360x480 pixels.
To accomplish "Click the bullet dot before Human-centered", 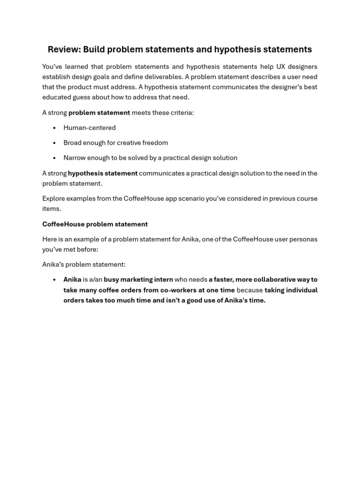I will (54, 128).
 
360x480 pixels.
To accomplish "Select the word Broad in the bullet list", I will (73, 142).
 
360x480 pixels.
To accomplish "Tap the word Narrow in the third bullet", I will (75, 158).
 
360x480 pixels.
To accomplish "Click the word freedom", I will (156, 142).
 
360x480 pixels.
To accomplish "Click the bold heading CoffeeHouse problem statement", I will (95, 224).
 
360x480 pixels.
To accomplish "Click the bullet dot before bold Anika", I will (54, 280).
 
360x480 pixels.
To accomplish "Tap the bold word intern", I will (162, 279).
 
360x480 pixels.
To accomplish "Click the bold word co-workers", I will (178, 290).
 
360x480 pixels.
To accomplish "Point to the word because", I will (250, 290).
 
